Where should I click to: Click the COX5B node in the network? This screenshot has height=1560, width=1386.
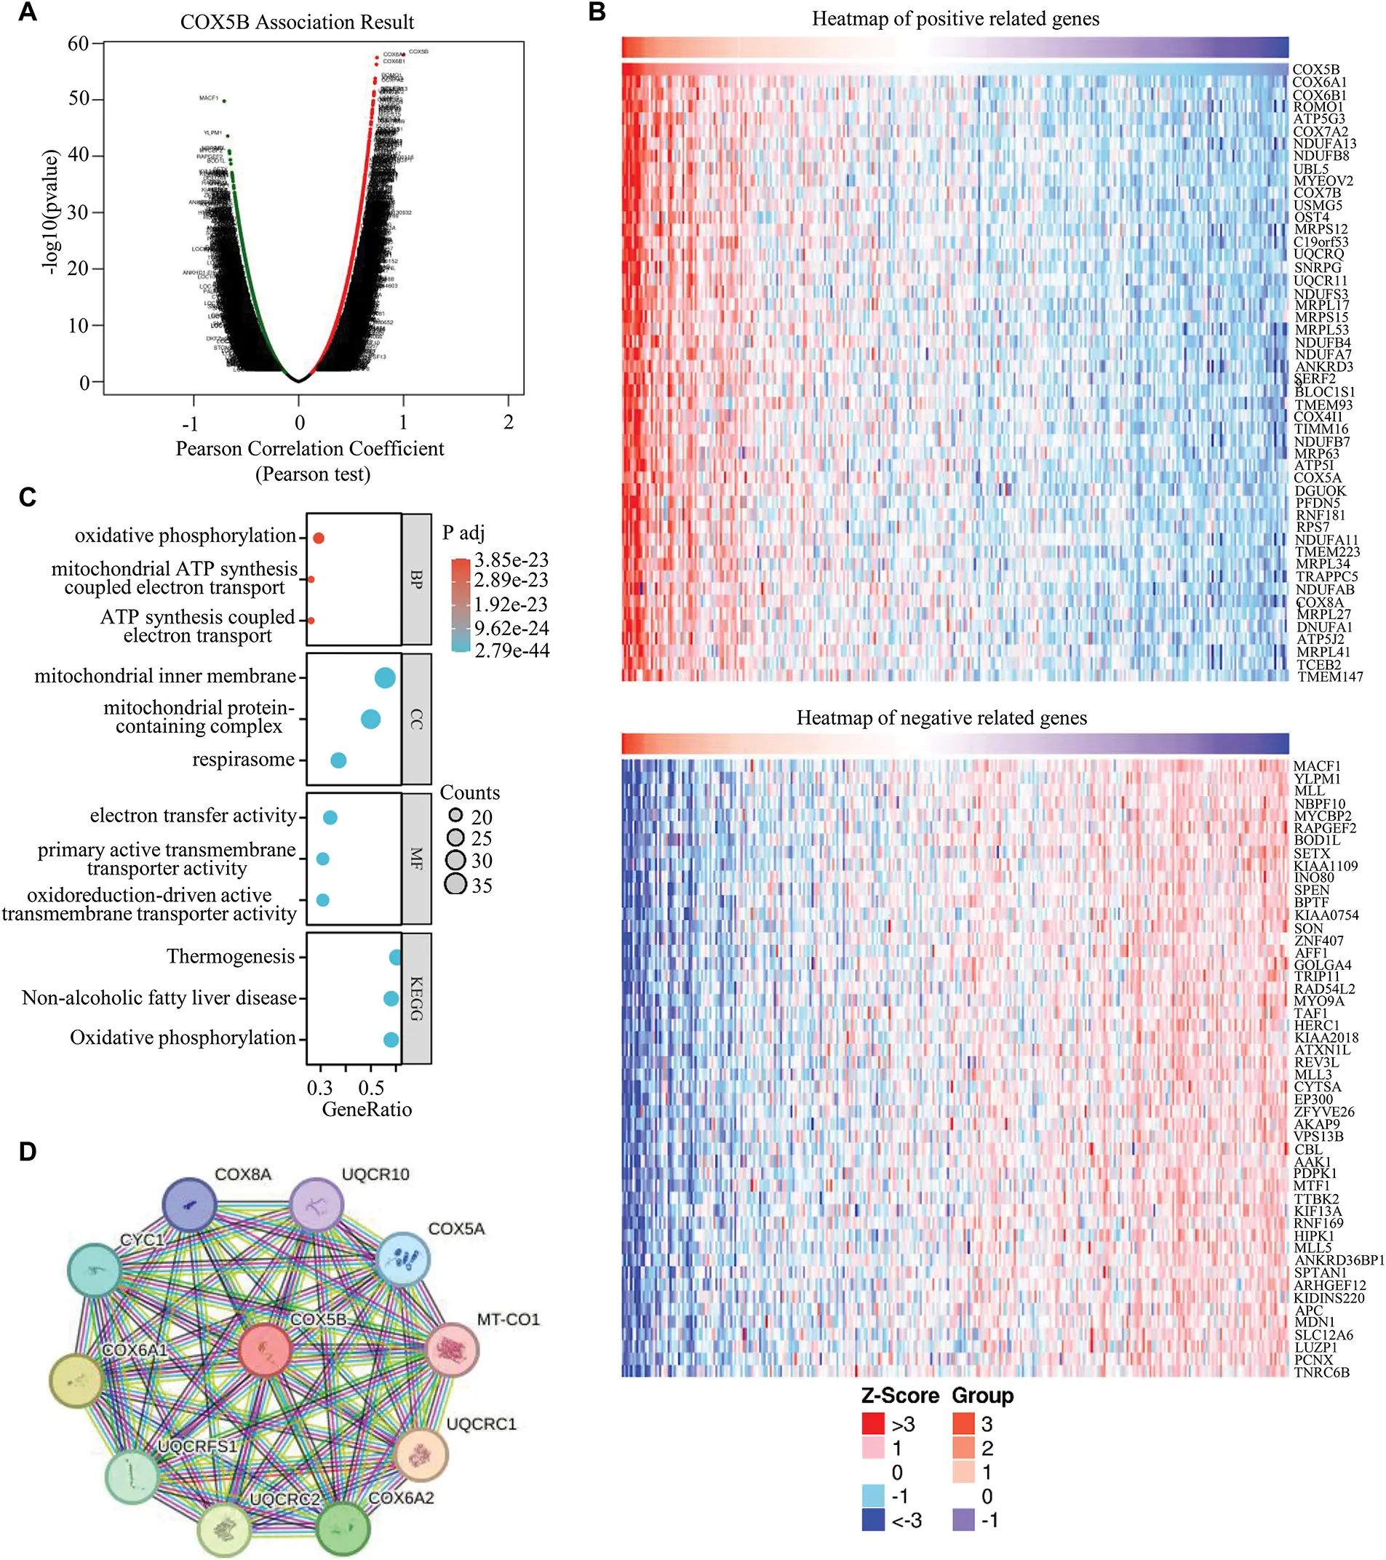click(265, 1349)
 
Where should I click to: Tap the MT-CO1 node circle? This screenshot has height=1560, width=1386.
click(452, 1349)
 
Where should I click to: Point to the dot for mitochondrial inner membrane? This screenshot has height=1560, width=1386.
click(386, 677)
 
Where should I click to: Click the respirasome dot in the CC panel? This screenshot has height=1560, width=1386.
click(338, 760)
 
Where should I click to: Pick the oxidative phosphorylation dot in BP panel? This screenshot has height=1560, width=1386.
click(319, 538)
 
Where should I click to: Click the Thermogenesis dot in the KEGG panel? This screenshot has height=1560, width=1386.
click(394, 957)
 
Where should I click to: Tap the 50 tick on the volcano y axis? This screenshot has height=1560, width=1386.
click(79, 98)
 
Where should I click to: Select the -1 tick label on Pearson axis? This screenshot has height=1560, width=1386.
click(190, 423)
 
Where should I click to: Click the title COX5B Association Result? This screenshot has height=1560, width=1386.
click(297, 22)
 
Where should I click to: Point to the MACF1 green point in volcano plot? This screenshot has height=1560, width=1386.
click(223, 100)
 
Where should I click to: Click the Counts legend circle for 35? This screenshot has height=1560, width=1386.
click(456, 885)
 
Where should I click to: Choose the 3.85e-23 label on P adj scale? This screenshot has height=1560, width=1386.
click(511, 560)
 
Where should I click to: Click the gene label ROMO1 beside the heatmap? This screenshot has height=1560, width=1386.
click(1318, 107)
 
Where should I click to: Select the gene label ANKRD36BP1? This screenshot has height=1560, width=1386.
click(1339, 1260)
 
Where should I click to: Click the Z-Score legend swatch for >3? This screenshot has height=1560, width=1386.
click(873, 1423)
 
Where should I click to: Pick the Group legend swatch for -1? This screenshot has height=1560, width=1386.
click(963, 1519)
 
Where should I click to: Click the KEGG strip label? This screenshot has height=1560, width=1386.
click(417, 998)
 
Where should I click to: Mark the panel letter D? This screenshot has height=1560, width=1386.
click(28, 1152)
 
